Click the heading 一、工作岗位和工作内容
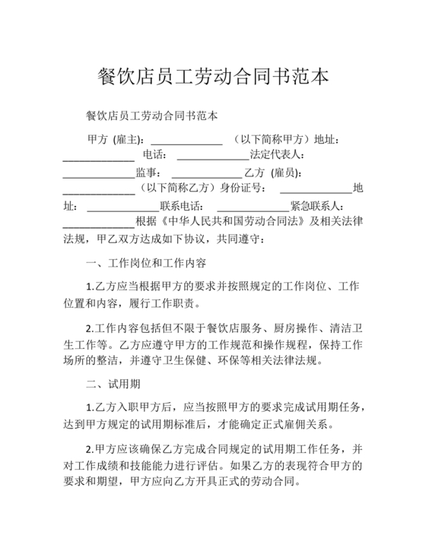(146, 264)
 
